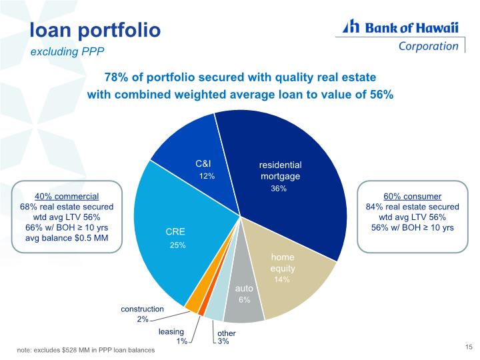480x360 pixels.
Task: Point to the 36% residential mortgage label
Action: tap(279, 189)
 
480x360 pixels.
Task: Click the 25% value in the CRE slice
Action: tap(177, 245)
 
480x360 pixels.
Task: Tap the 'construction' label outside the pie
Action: tap(143, 309)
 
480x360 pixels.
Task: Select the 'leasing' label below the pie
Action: tap(171, 332)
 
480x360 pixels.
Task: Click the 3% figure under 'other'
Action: tap(223, 341)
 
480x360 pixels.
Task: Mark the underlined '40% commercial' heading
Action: tap(67, 197)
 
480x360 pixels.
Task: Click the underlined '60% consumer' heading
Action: tap(413, 197)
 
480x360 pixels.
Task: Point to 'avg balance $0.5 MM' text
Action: tap(67, 238)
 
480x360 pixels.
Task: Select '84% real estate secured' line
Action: tap(413, 207)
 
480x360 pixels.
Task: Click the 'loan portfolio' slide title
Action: tap(95, 30)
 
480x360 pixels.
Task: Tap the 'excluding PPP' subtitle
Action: tap(67, 51)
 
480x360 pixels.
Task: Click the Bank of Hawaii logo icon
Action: tap(351, 26)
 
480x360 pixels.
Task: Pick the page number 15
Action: tap(469, 347)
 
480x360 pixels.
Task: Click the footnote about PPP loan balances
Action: tap(86, 350)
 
